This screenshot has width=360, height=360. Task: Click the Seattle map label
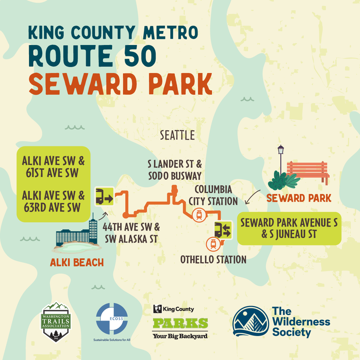pyautogui.click(x=177, y=135)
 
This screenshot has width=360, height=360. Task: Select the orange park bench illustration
pyautogui.click(x=307, y=172)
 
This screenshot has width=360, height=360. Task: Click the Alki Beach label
pyautogui.click(x=77, y=262)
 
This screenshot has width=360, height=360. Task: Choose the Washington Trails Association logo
pyautogui.click(x=56, y=322)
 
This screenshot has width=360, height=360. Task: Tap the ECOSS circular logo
pyautogui.click(x=112, y=318)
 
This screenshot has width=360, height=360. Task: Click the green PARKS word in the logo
pyautogui.click(x=180, y=323)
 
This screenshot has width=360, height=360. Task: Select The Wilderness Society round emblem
pyautogui.click(x=250, y=322)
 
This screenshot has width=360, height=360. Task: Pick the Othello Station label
pyautogui.click(x=213, y=259)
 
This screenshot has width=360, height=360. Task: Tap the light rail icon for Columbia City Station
pyautogui.click(x=199, y=215)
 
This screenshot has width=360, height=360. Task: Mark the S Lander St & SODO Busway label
pyautogui.click(x=173, y=170)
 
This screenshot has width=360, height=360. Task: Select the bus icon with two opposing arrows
pyautogui.click(x=222, y=230)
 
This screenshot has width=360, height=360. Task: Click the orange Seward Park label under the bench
pyautogui.click(x=299, y=198)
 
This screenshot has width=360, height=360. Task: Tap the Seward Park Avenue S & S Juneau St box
pyautogui.click(x=289, y=227)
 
